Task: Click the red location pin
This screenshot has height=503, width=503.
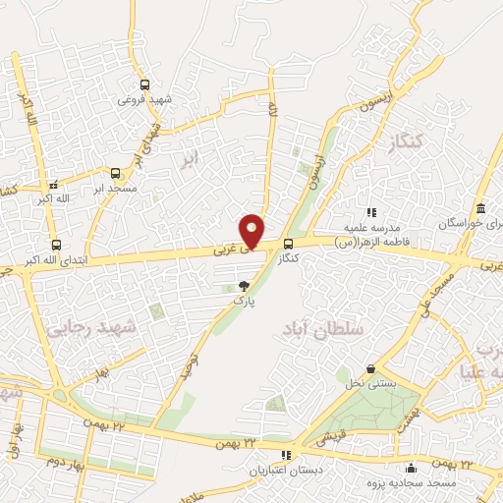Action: pyautogui.click(x=252, y=230)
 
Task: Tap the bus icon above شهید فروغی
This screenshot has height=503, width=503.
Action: pyautogui.click(x=144, y=84)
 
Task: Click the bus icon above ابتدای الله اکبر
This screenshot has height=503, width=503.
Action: pyautogui.click(x=55, y=245)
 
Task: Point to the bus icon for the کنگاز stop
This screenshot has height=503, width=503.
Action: pyautogui.click(x=288, y=244)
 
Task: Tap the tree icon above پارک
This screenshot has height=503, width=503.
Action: pyautogui.click(x=244, y=286)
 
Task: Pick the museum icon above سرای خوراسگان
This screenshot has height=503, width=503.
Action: pyautogui.click(x=480, y=209)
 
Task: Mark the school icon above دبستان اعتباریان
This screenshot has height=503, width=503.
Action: pyautogui.click(x=287, y=455)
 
